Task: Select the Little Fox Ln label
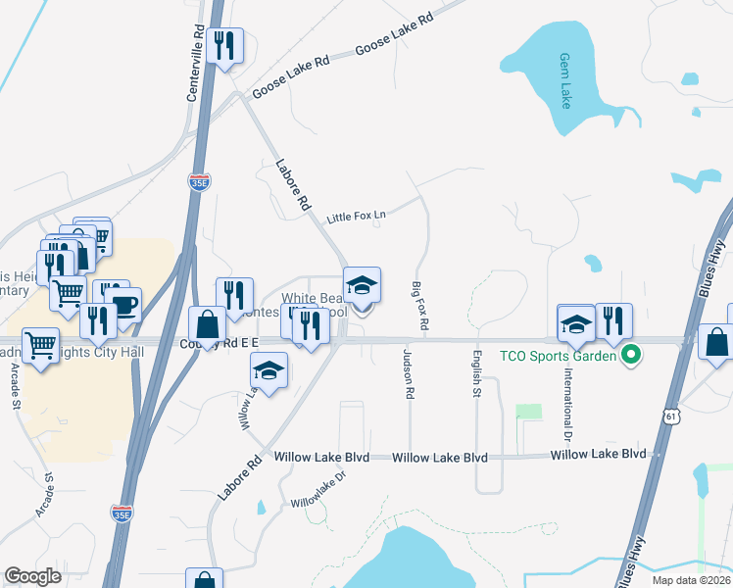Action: [357, 216]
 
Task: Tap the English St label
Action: [478, 373]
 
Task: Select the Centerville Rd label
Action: [197, 63]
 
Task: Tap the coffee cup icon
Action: [123, 304]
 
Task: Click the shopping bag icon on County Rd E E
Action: [207, 323]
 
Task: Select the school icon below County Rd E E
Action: [269, 369]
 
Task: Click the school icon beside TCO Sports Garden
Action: [576, 322]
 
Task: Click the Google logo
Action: [32, 576]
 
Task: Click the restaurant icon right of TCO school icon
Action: [613, 320]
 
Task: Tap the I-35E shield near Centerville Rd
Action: [199, 182]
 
